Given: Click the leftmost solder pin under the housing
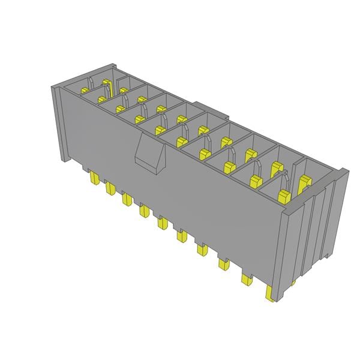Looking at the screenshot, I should click(x=94, y=178).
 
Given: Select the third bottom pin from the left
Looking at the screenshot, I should click(x=127, y=199).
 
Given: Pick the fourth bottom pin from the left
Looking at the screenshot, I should click(x=144, y=211).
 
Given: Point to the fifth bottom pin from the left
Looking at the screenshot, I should click(x=162, y=223).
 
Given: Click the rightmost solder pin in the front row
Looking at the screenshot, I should click(x=269, y=293).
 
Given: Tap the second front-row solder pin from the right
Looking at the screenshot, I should click(x=246, y=278).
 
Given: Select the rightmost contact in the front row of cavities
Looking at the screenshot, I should click(x=284, y=193).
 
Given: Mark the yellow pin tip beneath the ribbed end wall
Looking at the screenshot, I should click(x=294, y=281).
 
